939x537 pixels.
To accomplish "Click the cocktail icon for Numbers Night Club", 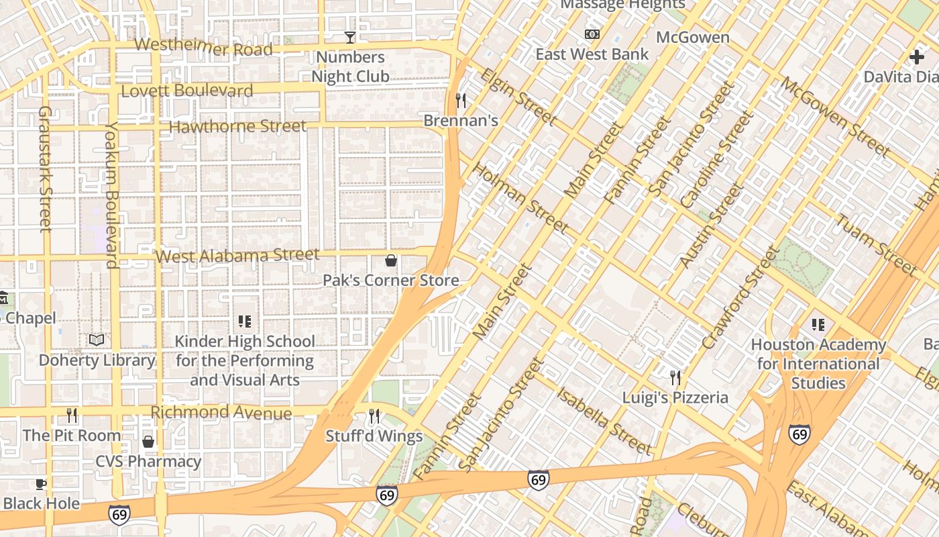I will pyautogui.click(x=349, y=37).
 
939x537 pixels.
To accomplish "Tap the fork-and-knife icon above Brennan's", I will pyautogui.click(x=461, y=101).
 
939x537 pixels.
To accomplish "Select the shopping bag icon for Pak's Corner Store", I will pyautogui.click(x=391, y=260).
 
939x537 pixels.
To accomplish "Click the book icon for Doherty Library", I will pyautogui.click(x=97, y=340).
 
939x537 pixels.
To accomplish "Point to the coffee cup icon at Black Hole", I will pyautogui.click(x=41, y=484).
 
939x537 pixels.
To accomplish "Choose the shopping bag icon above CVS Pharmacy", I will pyautogui.click(x=148, y=442).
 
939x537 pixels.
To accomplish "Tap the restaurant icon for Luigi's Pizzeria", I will pyautogui.click(x=675, y=378).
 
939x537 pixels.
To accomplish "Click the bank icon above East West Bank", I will pyautogui.click(x=592, y=34).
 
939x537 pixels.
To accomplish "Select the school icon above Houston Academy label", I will pyautogui.click(x=818, y=325).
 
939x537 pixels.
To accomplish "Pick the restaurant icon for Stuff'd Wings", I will pyautogui.click(x=374, y=417).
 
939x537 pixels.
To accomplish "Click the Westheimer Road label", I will pyautogui.click(x=204, y=48).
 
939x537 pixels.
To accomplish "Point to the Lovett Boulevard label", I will pyautogui.click(x=187, y=91).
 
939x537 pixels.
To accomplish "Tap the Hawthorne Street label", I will pyautogui.click(x=237, y=126).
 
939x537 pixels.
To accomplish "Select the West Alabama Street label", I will pyautogui.click(x=237, y=256).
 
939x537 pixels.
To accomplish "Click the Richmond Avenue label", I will pyautogui.click(x=221, y=412).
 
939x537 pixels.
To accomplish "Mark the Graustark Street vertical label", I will pyautogui.click(x=45, y=168).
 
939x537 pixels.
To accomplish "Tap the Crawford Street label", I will pyautogui.click(x=741, y=298).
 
